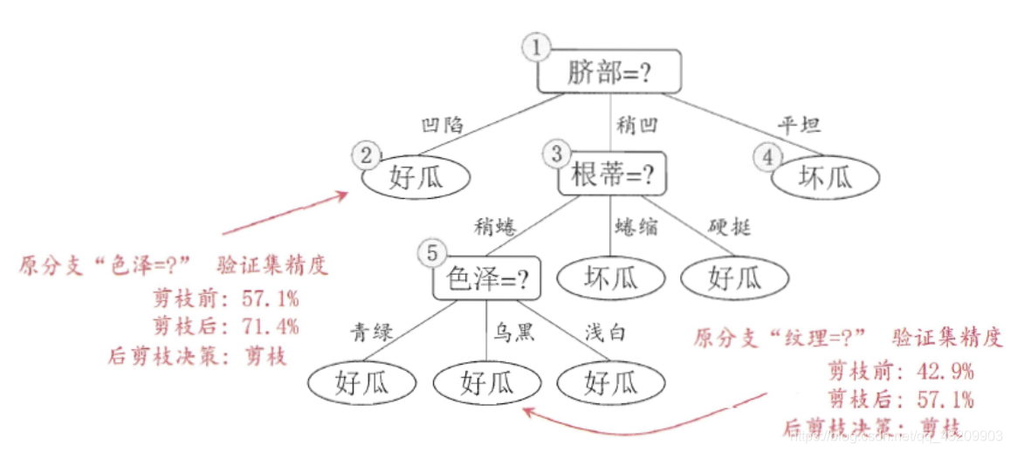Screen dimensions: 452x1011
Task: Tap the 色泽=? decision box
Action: pos(487,280)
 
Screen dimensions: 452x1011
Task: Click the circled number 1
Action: pos(535,48)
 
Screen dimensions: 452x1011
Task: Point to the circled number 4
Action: pos(767,157)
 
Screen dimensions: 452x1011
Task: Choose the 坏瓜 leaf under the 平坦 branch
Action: pos(824,179)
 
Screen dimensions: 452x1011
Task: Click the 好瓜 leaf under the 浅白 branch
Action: pos(610,382)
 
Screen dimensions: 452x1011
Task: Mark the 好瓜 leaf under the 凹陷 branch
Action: pos(416,179)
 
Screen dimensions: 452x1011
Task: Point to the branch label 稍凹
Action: pos(636,124)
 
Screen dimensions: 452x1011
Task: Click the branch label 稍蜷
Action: pos(495,227)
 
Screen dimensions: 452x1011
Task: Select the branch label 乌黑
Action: pos(512,332)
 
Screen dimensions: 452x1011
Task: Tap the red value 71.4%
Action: pos(271,327)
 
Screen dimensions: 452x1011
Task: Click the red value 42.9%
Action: pos(946,371)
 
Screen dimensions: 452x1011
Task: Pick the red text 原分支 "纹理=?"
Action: pos(780,339)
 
